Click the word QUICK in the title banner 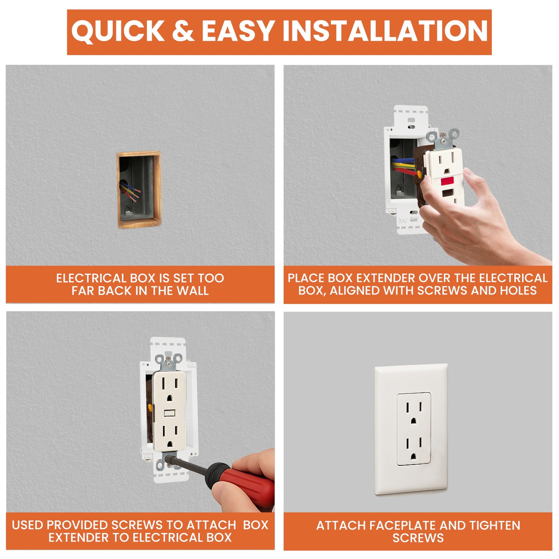[x=118, y=31]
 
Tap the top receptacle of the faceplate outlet [x=414, y=411]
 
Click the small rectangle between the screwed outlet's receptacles [x=169, y=413]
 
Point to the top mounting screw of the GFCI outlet [x=443, y=141]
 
